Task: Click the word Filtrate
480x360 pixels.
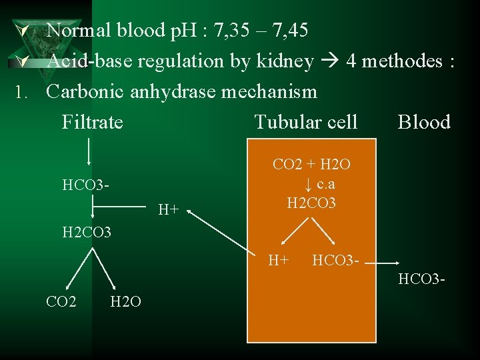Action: click(x=92, y=122)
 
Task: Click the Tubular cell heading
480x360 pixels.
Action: click(x=306, y=122)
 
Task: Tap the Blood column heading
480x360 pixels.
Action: click(x=424, y=122)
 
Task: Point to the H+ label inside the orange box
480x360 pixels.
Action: click(x=278, y=259)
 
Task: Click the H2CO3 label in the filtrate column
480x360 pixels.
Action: click(x=86, y=233)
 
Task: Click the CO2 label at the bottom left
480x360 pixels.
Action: click(x=61, y=301)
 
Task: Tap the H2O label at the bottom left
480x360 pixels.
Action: click(x=125, y=301)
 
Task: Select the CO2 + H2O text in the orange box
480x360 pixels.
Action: click(x=311, y=164)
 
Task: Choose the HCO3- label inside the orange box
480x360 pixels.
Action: click(x=336, y=259)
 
